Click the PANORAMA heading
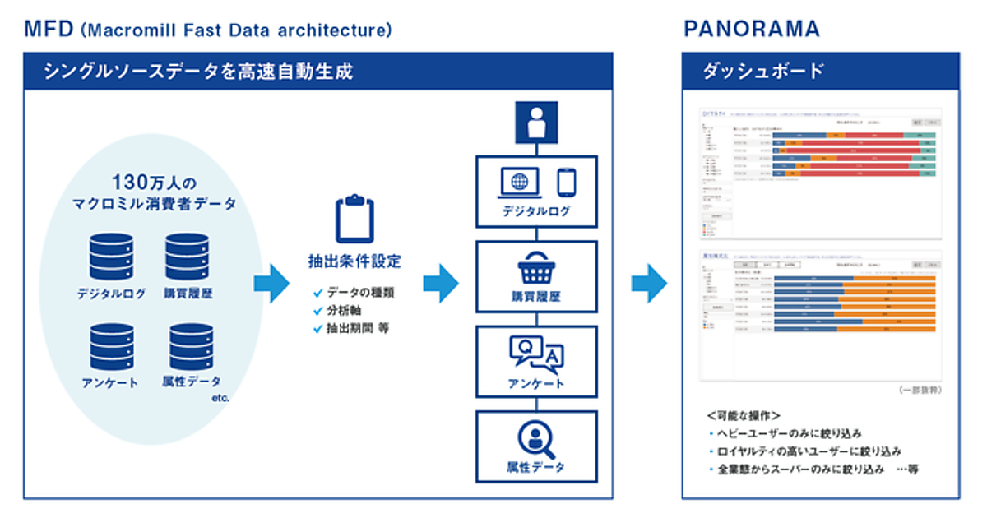(x=752, y=30)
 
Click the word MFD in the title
(x=49, y=30)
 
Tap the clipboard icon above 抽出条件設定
(x=354, y=219)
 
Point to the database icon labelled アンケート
(x=111, y=346)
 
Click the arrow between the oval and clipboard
(x=271, y=284)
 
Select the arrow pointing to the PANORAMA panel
(x=649, y=284)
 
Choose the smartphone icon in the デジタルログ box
(x=567, y=183)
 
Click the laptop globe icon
(x=519, y=183)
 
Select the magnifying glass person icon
(x=536, y=441)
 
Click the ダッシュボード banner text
(x=762, y=72)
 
